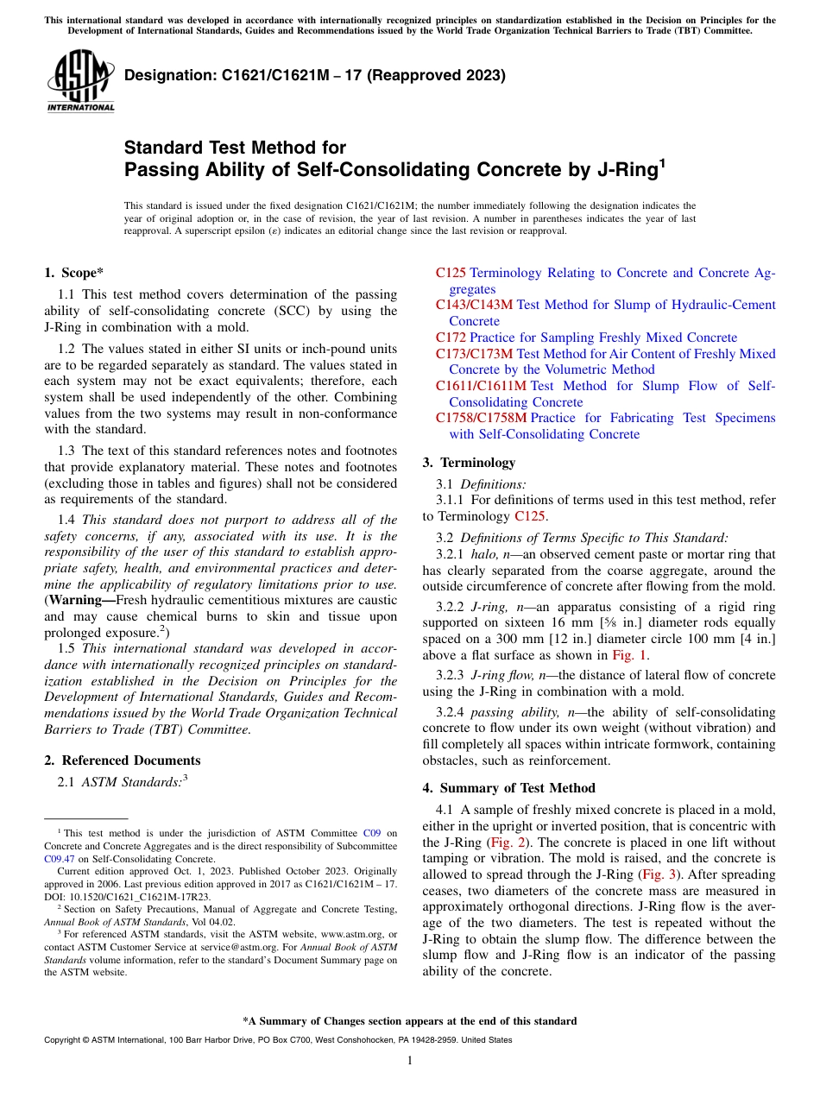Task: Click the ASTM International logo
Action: (79, 81)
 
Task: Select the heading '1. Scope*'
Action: (73, 272)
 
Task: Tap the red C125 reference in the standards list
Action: (451, 273)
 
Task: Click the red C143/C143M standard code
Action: (474, 305)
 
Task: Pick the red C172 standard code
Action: (451, 338)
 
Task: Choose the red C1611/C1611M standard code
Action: (481, 386)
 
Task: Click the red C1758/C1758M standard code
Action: (481, 418)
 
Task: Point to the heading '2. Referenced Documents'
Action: (122, 760)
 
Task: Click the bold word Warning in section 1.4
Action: (81, 600)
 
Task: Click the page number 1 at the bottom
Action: (409, 1060)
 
